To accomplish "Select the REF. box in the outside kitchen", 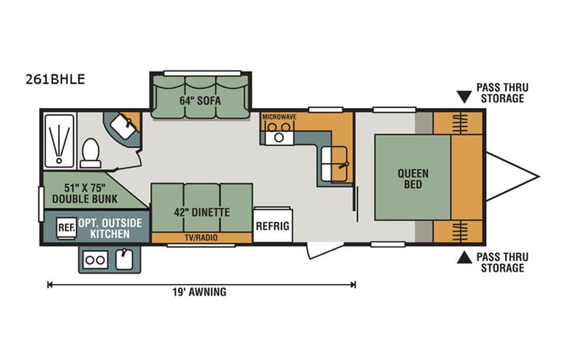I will [67, 227].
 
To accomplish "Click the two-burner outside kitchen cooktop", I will [95, 260].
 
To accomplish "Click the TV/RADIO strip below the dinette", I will [201, 238].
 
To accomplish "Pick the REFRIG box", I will [272, 226].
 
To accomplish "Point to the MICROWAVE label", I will [279, 117].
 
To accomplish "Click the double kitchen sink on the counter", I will [335, 159].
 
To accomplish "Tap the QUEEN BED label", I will [412, 179].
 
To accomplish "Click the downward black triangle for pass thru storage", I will [464, 97].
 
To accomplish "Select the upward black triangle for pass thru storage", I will [464, 258].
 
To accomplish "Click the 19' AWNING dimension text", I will [200, 292].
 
